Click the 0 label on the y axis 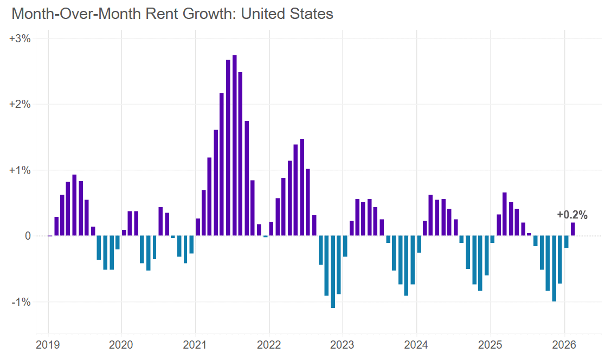click(x=26, y=236)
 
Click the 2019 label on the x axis click(x=48, y=344)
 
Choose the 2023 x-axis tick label click(x=343, y=344)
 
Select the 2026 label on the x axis click(x=565, y=344)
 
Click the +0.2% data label click(x=572, y=215)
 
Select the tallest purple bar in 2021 click(x=234, y=145)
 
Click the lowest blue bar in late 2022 click(x=333, y=272)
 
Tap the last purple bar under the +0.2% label click(x=572, y=229)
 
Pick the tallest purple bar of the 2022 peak click(x=302, y=187)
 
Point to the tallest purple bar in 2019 click(x=74, y=205)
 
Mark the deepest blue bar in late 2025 click(x=553, y=268)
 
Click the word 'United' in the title click(x=264, y=14)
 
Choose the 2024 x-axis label click(x=416, y=344)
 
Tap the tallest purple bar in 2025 click(x=504, y=214)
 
